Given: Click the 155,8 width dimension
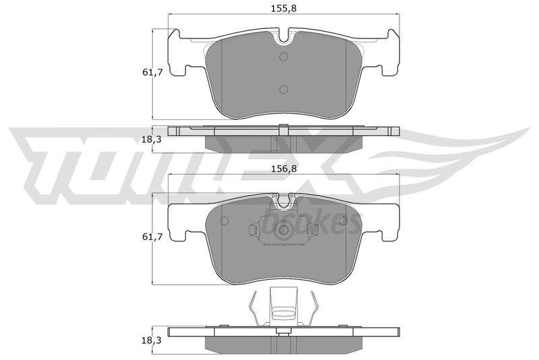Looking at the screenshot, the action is point(284,8).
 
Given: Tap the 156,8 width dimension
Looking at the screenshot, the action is point(284,169).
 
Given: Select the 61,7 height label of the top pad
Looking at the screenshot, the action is point(153,73).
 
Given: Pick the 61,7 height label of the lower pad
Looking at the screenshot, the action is point(153,237).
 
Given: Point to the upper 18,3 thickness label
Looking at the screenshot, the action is point(153,140).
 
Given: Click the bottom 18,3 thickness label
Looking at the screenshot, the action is point(153,340).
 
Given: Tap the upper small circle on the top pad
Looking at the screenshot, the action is point(284,57).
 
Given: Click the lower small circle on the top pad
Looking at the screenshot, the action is point(284,90).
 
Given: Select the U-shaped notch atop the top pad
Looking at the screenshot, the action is point(284,38).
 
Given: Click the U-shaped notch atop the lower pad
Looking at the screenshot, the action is point(284,202).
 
